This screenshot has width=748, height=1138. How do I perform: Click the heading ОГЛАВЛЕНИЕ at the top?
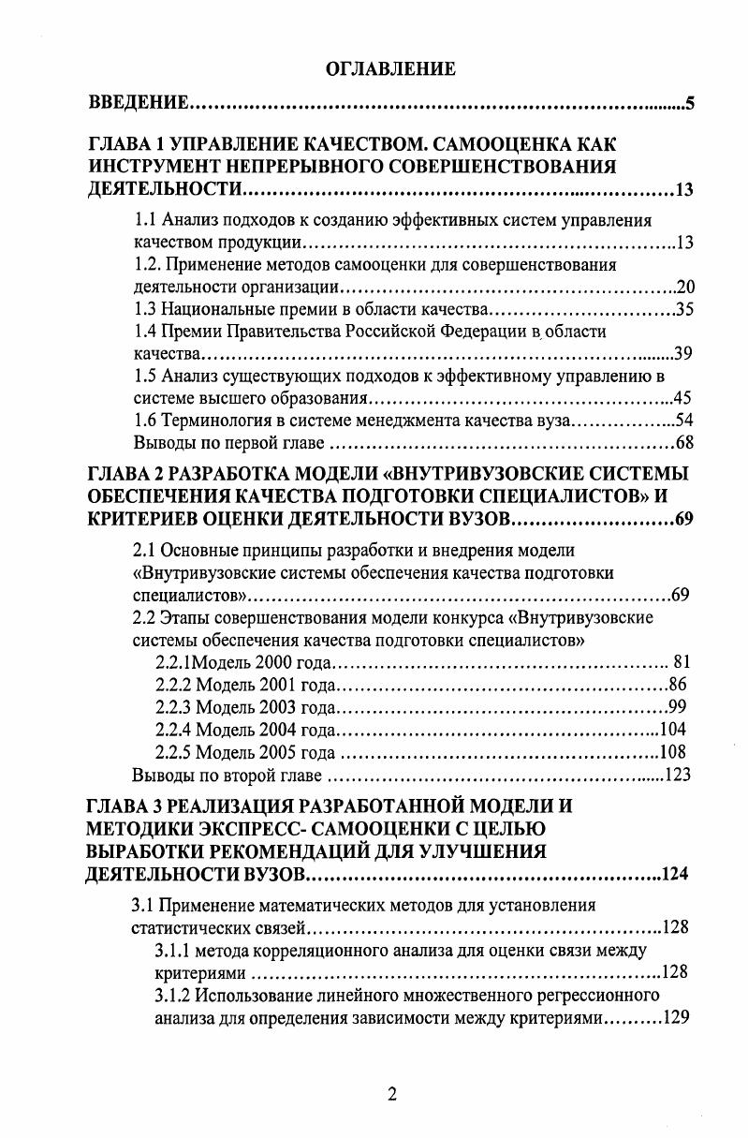coord(389,68)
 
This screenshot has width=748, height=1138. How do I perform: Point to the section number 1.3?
coord(145,309)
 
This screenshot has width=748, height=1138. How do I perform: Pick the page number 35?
coord(683,309)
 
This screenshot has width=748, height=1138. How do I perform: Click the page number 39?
coord(682,353)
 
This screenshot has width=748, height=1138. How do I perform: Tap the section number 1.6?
coord(145,421)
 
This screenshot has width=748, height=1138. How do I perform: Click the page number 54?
coord(682,421)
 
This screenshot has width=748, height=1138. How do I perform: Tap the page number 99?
coord(680,706)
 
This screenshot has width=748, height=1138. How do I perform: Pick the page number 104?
coord(674,729)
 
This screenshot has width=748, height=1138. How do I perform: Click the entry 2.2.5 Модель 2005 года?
coord(244,752)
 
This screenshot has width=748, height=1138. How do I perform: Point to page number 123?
coord(677,775)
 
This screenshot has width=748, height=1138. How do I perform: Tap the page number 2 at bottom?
coord(392,1094)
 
